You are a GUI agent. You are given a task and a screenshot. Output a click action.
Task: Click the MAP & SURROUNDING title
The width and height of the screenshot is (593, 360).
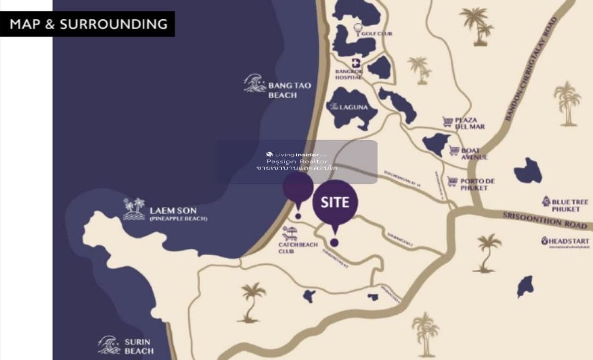[x=88, y=24]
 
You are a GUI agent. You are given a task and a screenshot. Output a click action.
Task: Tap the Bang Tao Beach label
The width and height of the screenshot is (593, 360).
[x=289, y=89]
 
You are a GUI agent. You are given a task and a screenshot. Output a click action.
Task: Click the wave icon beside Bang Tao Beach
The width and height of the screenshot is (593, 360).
[x=255, y=84]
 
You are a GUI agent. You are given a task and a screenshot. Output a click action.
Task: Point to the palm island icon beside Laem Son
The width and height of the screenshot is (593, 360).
[x=134, y=209]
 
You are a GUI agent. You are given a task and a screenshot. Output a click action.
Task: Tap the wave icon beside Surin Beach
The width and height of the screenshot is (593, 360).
[x=109, y=345]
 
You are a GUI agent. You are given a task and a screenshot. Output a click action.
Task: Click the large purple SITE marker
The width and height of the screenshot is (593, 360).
[x=335, y=202]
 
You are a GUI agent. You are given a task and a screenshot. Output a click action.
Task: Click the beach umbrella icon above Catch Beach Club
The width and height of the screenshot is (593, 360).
[x=290, y=231]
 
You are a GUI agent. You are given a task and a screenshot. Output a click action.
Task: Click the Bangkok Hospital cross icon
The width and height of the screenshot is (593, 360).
[x=355, y=63]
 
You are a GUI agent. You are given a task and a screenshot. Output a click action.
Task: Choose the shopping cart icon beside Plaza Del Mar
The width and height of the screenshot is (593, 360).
[x=448, y=121]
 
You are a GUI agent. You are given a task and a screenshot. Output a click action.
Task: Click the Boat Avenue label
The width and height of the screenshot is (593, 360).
[x=474, y=154]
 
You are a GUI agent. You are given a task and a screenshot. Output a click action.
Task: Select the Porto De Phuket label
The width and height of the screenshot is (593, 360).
[x=477, y=184]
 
